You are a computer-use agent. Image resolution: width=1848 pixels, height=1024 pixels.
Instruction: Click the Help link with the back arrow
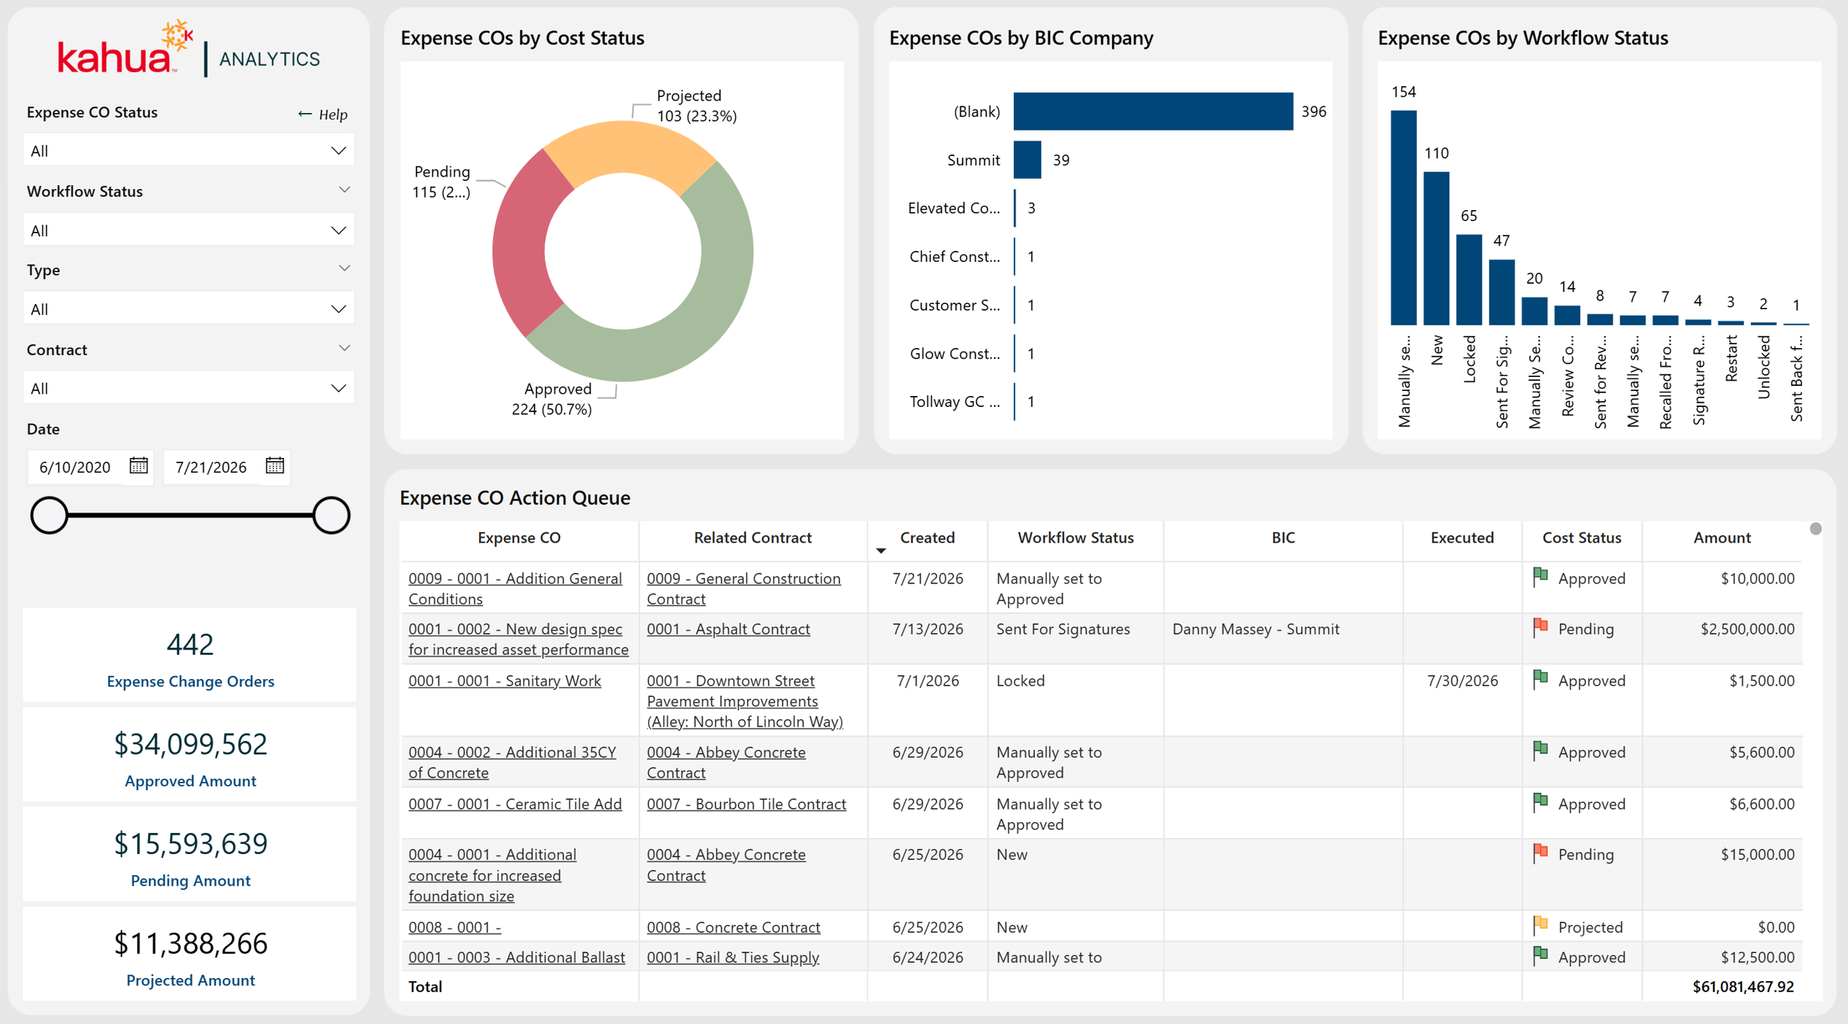click(x=322, y=115)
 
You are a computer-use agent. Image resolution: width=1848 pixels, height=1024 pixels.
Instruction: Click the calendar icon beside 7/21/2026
click(x=275, y=465)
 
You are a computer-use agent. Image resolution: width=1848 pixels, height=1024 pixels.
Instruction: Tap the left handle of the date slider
click(x=49, y=515)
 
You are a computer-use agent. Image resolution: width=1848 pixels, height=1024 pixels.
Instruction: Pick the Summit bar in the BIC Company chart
click(x=1027, y=160)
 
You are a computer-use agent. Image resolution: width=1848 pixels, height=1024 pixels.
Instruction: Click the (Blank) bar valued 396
click(x=1153, y=112)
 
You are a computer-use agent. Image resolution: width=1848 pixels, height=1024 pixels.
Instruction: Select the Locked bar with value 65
click(x=1469, y=279)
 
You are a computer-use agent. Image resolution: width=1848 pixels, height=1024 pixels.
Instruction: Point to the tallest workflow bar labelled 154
click(x=1404, y=217)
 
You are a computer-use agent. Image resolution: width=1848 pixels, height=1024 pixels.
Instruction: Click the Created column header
click(x=927, y=538)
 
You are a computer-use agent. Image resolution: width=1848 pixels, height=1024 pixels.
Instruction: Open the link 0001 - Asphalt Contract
click(x=728, y=629)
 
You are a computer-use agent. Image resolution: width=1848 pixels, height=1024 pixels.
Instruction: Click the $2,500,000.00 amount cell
click(x=1747, y=629)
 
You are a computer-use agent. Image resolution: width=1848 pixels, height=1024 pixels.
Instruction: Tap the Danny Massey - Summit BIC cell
click(x=1255, y=629)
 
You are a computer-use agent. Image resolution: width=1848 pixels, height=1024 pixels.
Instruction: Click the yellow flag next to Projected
click(x=1540, y=925)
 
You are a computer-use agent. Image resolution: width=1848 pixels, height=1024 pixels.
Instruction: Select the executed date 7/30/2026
click(x=1461, y=680)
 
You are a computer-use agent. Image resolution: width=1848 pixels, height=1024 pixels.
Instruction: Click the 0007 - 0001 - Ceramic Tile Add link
click(x=515, y=804)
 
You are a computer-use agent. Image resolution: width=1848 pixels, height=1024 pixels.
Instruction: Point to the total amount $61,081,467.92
click(x=1743, y=986)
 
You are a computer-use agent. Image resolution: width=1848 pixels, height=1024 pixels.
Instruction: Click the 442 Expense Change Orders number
click(x=190, y=644)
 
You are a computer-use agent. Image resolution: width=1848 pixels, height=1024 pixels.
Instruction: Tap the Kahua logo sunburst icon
click(x=177, y=35)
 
